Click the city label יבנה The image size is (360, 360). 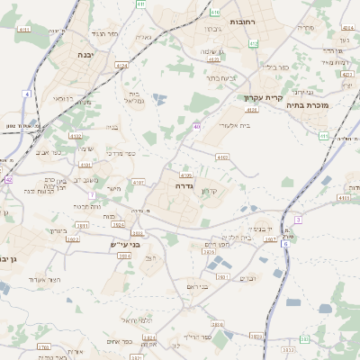tap(78, 54)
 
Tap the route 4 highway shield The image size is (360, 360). tap(28, 94)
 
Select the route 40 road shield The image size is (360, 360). tap(197, 127)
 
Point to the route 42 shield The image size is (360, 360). tap(8, 180)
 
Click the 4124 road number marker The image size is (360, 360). tap(122, 65)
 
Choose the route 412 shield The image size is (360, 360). tap(254, 42)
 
